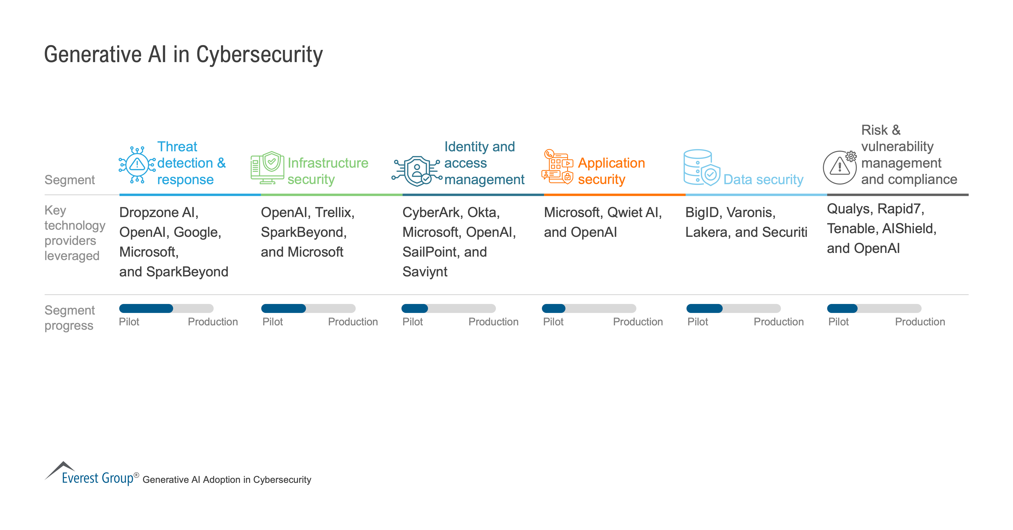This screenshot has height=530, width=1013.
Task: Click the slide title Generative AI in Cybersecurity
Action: (183, 55)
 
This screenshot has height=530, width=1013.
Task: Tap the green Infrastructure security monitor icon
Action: (267, 168)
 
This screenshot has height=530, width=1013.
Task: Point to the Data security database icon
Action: (701, 168)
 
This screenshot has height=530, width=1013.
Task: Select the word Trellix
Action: (334, 212)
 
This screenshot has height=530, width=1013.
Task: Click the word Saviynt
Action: (425, 272)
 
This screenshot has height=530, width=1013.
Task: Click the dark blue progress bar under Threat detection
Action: (146, 308)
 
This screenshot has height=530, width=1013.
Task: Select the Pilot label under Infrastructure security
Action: (273, 322)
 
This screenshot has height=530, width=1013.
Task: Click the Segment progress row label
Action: (70, 318)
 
